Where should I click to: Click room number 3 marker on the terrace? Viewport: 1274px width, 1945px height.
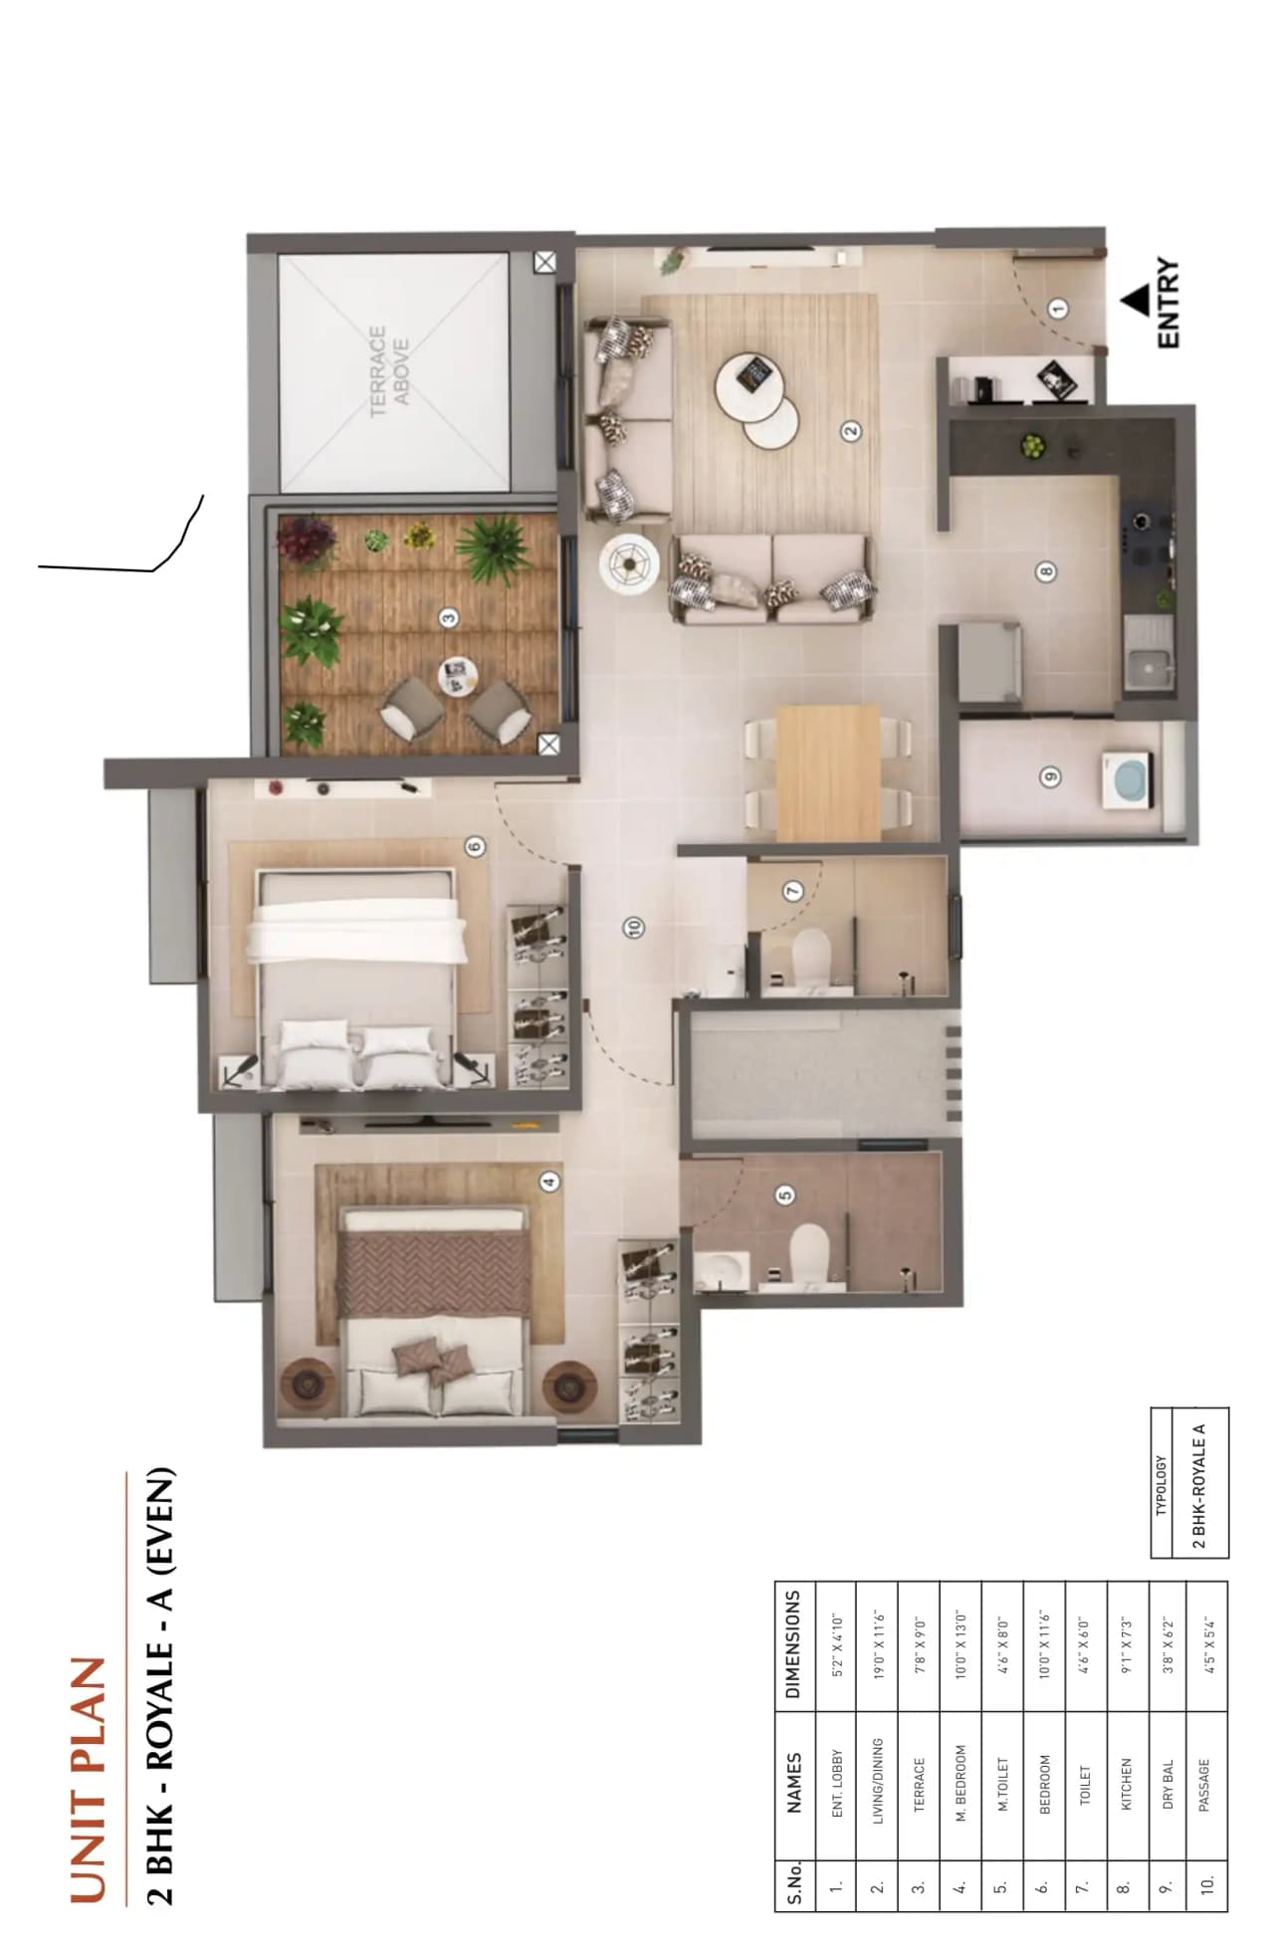(x=449, y=618)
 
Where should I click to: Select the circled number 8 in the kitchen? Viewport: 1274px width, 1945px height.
(x=1044, y=571)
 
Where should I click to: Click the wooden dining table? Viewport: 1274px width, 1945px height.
(x=828, y=773)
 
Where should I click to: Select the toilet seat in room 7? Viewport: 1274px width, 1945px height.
(x=810, y=957)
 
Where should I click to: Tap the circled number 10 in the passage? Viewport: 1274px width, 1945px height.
(x=633, y=927)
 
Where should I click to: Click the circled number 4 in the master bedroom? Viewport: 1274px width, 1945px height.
(x=548, y=1182)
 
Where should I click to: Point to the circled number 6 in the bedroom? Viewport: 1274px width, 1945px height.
(x=475, y=847)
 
